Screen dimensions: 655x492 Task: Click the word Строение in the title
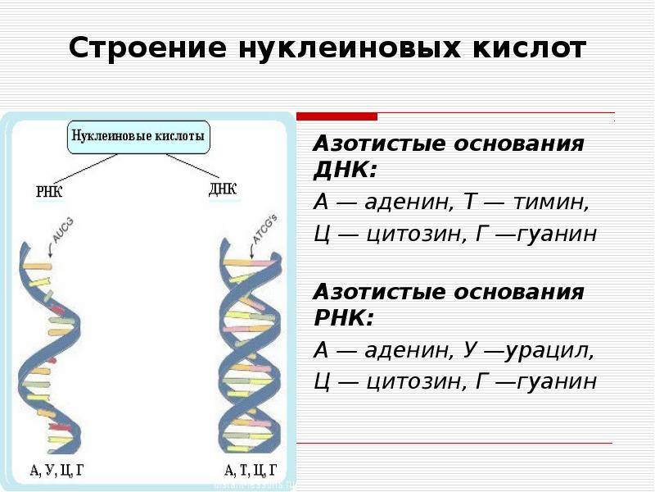coord(147,48)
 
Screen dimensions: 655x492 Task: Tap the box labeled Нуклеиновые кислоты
coord(138,137)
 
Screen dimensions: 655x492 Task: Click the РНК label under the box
coord(49,192)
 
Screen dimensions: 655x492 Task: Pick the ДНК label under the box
coord(223,189)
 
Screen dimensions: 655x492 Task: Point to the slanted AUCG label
coord(64,230)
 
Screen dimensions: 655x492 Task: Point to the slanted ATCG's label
coord(265,230)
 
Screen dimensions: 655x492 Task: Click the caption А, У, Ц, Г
coord(56,470)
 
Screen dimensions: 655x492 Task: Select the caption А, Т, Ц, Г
coord(251,470)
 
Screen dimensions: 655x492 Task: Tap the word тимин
coord(550,203)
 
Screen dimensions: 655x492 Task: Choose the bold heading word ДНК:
coord(345,171)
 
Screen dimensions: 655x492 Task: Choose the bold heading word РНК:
coord(343,318)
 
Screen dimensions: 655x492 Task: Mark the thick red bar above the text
coord(337,116)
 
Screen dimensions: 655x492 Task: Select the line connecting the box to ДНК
coord(192,166)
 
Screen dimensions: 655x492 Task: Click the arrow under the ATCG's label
coord(252,251)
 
